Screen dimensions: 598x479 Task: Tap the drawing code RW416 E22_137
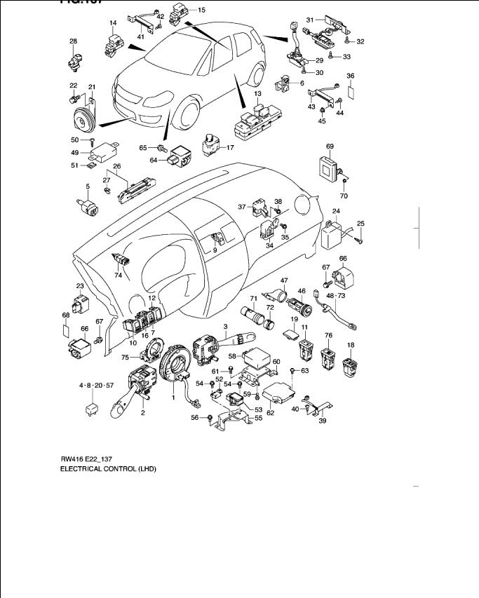click(x=88, y=458)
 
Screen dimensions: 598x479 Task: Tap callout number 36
click(x=351, y=76)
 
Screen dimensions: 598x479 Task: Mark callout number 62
click(x=270, y=413)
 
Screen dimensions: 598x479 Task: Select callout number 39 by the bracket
click(x=323, y=421)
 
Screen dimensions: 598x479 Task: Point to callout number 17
click(x=229, y=148)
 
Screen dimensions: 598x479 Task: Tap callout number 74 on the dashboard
click(x=118, y=276)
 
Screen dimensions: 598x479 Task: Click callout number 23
click(x=80, y=286)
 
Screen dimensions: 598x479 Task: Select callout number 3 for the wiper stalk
click(x=226, y=327)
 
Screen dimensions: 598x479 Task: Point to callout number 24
click(x=336, y=211)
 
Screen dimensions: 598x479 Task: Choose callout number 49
click(x=74, y=152)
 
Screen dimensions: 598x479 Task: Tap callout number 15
click(x=201, y=11)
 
